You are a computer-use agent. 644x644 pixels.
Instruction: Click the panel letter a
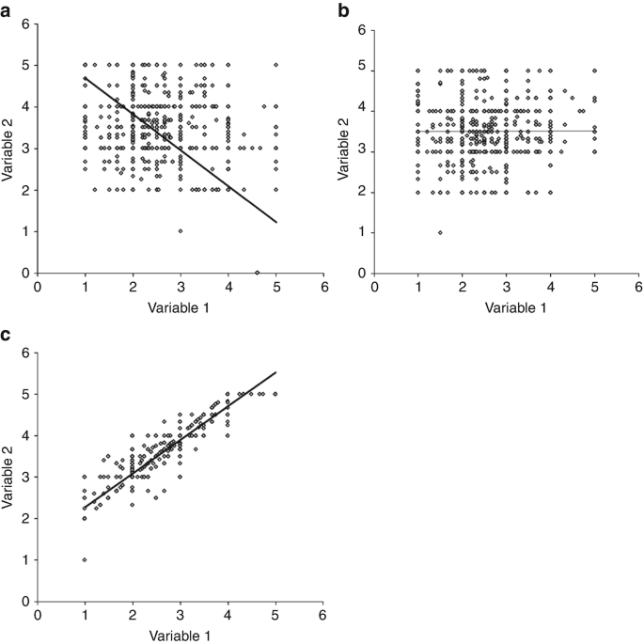(x=5, y=12)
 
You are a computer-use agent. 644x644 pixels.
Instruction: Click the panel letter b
(x=343, y=11)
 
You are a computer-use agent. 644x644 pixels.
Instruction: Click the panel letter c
(x=6, y=336)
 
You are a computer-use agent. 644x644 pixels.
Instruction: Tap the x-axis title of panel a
(x=179, y=307)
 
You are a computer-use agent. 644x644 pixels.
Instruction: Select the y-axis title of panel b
(x=343, y=149)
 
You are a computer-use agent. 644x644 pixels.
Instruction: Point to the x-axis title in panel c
(x=180, y=636)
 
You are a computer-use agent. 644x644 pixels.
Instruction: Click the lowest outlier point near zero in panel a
(x=257, y=273)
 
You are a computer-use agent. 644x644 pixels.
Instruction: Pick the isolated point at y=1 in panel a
(x=181, y=231)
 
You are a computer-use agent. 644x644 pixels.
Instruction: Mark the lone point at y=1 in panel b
(x=440, y=232)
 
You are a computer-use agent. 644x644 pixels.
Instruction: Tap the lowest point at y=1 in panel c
(x=85, y=559)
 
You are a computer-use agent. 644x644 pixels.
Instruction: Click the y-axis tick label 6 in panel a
(x=26, y=24)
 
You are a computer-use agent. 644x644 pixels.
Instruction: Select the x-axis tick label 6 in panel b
(x=638, y=287)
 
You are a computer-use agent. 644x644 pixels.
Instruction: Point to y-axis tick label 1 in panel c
(x=26, y=560)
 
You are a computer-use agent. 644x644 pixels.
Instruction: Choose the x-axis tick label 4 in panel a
(x=228, y=287)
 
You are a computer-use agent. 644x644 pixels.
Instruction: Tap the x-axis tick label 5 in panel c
(x=275, y=615)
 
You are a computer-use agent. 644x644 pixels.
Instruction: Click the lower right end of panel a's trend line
(x=276, y=222)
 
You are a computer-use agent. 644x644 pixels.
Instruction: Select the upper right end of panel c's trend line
(x=276, y=372)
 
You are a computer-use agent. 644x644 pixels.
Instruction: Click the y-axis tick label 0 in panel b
(x=363, y=274)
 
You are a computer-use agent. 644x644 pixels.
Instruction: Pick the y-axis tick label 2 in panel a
(x=26, y=190)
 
